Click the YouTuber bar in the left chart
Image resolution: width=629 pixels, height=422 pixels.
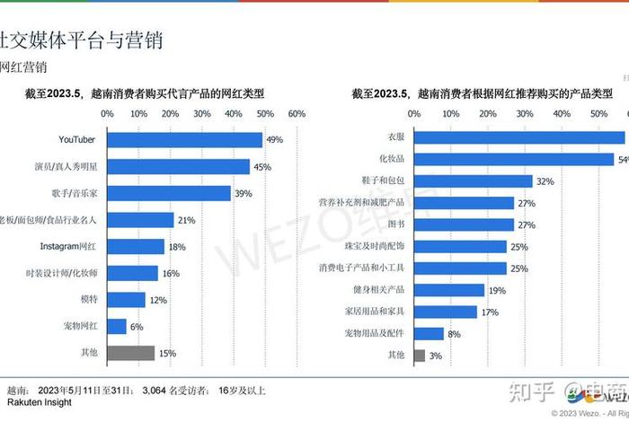tap(184, 139)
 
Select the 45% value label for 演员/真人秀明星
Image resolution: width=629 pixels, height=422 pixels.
tap(262, 166)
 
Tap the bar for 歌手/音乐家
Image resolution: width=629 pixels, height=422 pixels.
tap(168, 193)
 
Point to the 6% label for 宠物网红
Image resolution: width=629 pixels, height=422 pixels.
tap(137, 327)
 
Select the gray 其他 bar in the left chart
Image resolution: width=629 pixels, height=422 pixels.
tap(130, 353)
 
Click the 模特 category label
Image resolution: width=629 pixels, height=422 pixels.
tap(88, 300)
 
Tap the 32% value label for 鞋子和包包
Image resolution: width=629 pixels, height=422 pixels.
tap(545, 180)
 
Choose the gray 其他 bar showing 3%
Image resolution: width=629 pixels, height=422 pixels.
tap(420, 355)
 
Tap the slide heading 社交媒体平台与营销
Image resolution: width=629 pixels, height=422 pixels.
tap(81, 40)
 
